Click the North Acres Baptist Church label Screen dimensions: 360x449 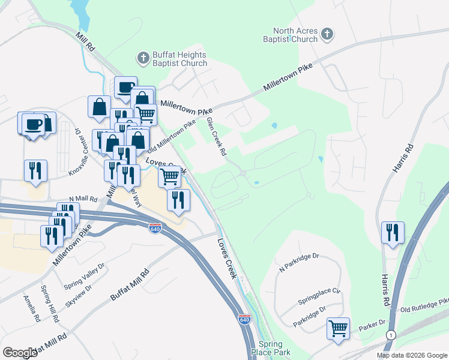click(295, 35)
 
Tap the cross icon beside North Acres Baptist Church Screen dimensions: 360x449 click(327, 34)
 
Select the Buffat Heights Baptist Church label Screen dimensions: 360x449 click(179, 58)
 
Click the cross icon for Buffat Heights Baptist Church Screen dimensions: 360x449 click(143, 58)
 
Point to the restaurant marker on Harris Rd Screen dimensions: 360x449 click(393, 232)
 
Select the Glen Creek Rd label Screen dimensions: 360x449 click(216, 137)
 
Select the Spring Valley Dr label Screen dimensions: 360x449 click(85, 273)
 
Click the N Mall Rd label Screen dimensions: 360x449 click(83, 198)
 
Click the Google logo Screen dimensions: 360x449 click(20, 353)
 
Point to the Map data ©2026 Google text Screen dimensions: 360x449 click(411, 355)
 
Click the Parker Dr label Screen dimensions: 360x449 click(372, 327)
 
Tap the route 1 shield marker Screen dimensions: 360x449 click(391, 334)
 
